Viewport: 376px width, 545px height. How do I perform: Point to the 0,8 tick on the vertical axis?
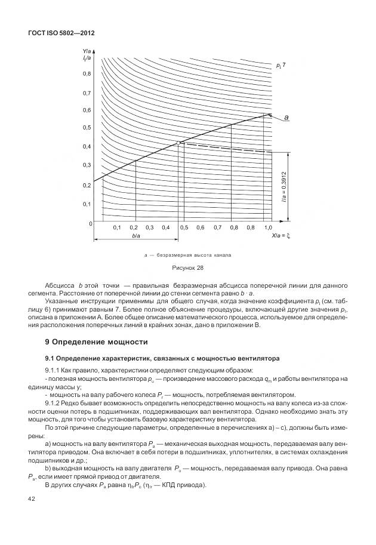point(87,73)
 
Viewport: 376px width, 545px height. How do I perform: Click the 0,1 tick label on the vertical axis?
point(87,204)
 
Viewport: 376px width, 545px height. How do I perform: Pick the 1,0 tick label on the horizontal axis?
point(268,228)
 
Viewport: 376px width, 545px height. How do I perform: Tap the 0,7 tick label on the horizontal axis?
point(217,228)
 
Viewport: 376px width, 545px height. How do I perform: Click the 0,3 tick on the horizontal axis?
point(150,228)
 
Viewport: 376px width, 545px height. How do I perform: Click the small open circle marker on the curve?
point(178,143)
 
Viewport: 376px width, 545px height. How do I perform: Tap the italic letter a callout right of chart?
point(286,118)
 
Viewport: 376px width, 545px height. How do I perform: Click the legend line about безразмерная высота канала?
point(188,255)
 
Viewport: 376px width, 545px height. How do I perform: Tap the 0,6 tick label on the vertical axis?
point(87,110)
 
